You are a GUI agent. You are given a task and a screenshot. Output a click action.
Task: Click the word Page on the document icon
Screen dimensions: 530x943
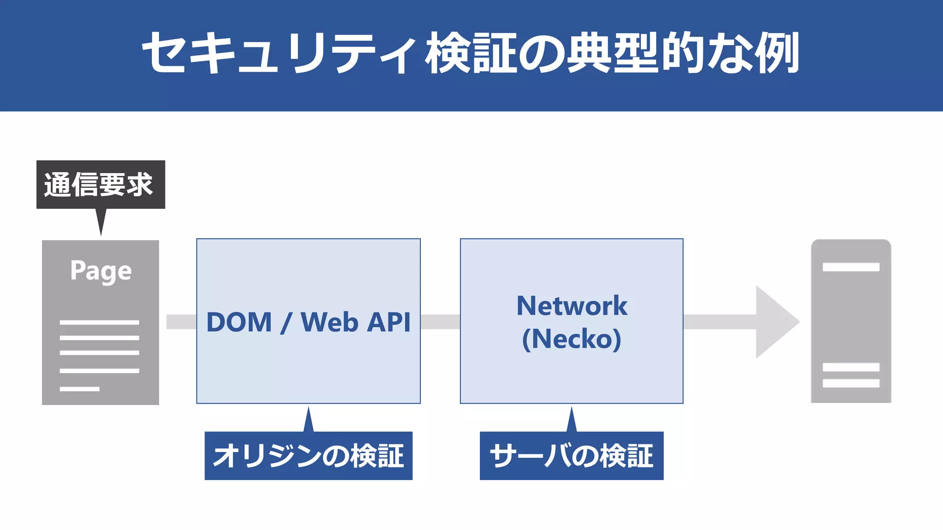coord(101,271)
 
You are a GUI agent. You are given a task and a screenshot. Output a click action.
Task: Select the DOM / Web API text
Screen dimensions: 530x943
coord(308,322)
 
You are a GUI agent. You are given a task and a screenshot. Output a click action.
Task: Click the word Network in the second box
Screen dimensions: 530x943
coord(571,306)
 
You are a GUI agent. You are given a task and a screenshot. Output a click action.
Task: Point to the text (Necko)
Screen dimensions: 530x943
coord(571,339)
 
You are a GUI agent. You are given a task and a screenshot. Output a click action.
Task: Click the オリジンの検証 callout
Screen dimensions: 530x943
coord(308,456)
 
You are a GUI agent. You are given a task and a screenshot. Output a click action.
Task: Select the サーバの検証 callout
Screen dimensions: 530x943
coord(571,456)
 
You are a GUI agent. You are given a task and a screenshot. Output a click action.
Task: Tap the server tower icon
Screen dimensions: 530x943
coord(850,322)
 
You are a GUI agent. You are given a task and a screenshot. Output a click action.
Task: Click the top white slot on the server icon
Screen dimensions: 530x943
coord(850,267)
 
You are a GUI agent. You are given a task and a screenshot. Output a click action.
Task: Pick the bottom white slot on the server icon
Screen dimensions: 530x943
coord(850,383)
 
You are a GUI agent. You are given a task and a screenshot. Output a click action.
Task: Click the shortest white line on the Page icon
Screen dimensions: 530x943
coord(79,389)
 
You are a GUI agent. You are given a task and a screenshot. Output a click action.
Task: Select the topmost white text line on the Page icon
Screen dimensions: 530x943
coord(99,322)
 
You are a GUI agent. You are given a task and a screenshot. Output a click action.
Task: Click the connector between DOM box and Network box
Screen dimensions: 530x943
coord(440,322)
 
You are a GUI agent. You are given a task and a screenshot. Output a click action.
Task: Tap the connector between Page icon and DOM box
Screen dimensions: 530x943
coord(181,322)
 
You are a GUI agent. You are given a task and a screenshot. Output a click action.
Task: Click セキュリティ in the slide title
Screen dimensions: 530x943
coord(279,53)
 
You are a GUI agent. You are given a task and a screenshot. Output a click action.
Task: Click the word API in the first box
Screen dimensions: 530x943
coord(389,322)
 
